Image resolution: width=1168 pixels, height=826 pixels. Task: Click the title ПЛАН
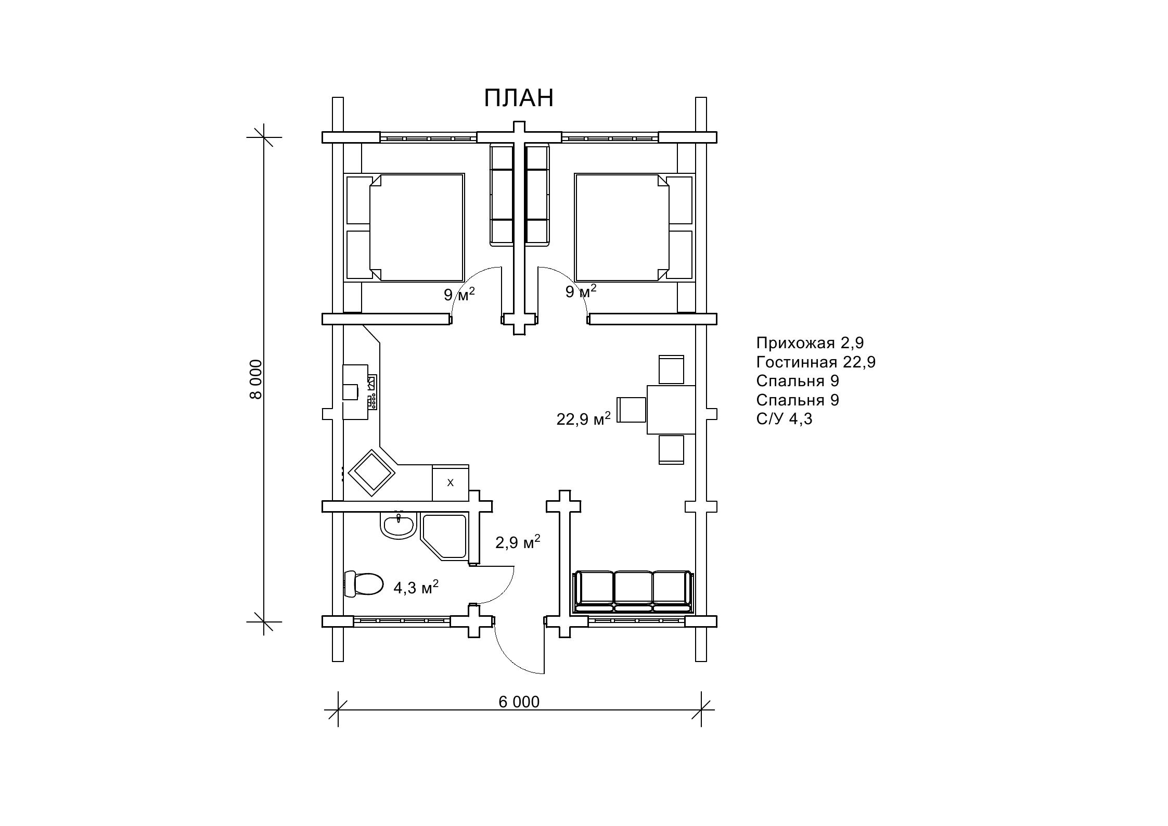[519, 98]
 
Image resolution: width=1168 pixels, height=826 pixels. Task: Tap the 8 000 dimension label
[255, 379]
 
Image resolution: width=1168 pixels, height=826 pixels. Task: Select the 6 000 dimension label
[519, 702]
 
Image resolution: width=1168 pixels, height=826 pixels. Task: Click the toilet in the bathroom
[363, 584]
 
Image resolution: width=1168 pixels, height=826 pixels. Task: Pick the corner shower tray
[443, 537]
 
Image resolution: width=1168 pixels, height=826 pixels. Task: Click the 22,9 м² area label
[583, 418]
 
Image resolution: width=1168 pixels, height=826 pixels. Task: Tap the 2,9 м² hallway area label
[518, 542]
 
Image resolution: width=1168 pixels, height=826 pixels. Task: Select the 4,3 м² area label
[416, 587]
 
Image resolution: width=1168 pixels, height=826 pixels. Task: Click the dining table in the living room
[671, 410]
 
